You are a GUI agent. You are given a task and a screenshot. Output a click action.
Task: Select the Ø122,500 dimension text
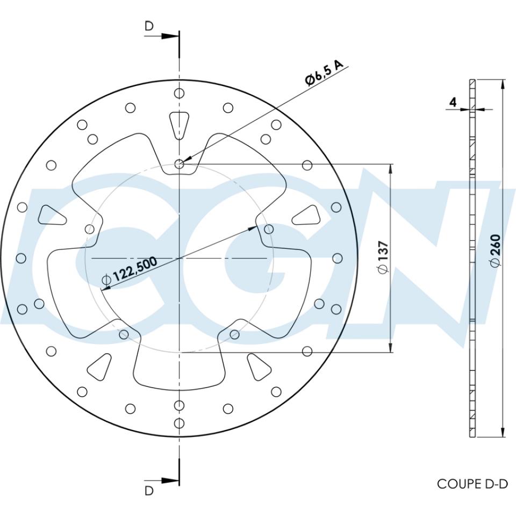click(x=129, y=271)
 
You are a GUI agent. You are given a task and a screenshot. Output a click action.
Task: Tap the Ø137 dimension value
click(x=383, y=258)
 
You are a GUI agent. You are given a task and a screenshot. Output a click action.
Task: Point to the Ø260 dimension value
click(x=495, y=250)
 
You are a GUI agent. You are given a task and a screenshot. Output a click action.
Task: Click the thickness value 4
click(x=453, y=102)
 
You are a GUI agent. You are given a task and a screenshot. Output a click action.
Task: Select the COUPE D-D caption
click(x=472, y=484)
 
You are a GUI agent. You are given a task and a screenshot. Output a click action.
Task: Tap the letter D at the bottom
click(x=149, y=490)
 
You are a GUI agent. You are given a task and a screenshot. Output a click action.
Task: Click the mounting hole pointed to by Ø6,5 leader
click(x=180, y=165)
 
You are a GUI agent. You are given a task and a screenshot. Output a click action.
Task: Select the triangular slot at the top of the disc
click(x=180, y=124)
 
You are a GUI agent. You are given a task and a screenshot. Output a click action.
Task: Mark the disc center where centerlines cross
click(x=180, y=259)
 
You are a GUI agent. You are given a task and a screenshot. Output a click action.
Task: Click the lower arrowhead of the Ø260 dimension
click(x=503, y=432)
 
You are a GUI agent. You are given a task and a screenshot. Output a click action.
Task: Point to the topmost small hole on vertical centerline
click(x=180, y=94)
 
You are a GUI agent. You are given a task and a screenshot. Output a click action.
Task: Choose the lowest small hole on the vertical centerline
click(x=180, y=423)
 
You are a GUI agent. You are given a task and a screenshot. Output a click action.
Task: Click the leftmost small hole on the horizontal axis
click(x=21, y=259)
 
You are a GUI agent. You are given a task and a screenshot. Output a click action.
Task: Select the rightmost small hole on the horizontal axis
click(x=338, y=259)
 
